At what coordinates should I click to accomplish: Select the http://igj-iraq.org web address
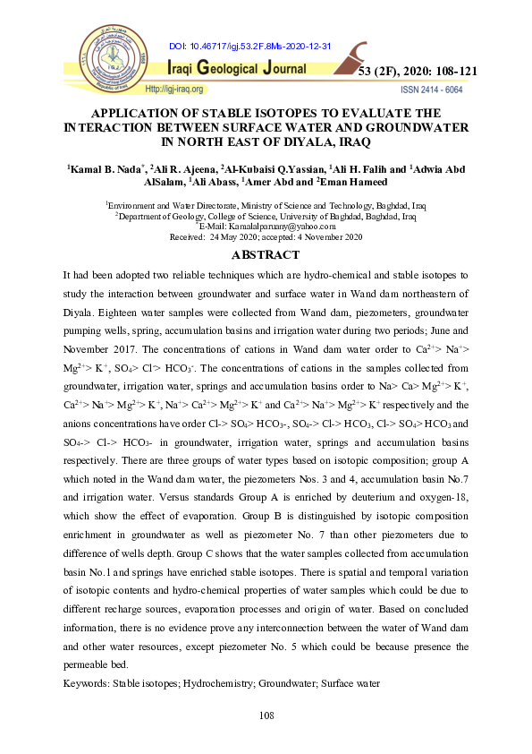[175, 90]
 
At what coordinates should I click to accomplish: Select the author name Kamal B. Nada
[105, 168]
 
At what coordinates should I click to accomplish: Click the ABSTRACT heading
[266, 253]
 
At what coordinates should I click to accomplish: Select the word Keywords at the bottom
[85, 683]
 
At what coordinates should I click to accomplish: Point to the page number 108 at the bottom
[266, 715]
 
